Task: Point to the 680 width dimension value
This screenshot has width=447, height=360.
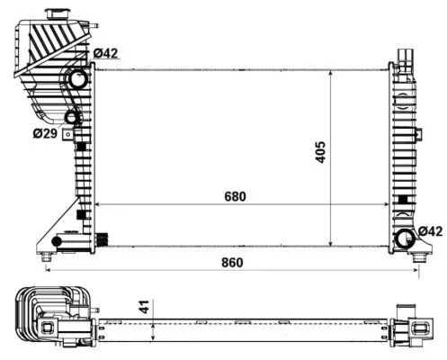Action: (235, 195)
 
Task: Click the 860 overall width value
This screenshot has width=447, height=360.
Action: (230, 264)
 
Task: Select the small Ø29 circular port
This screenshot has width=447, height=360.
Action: (71, 117)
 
